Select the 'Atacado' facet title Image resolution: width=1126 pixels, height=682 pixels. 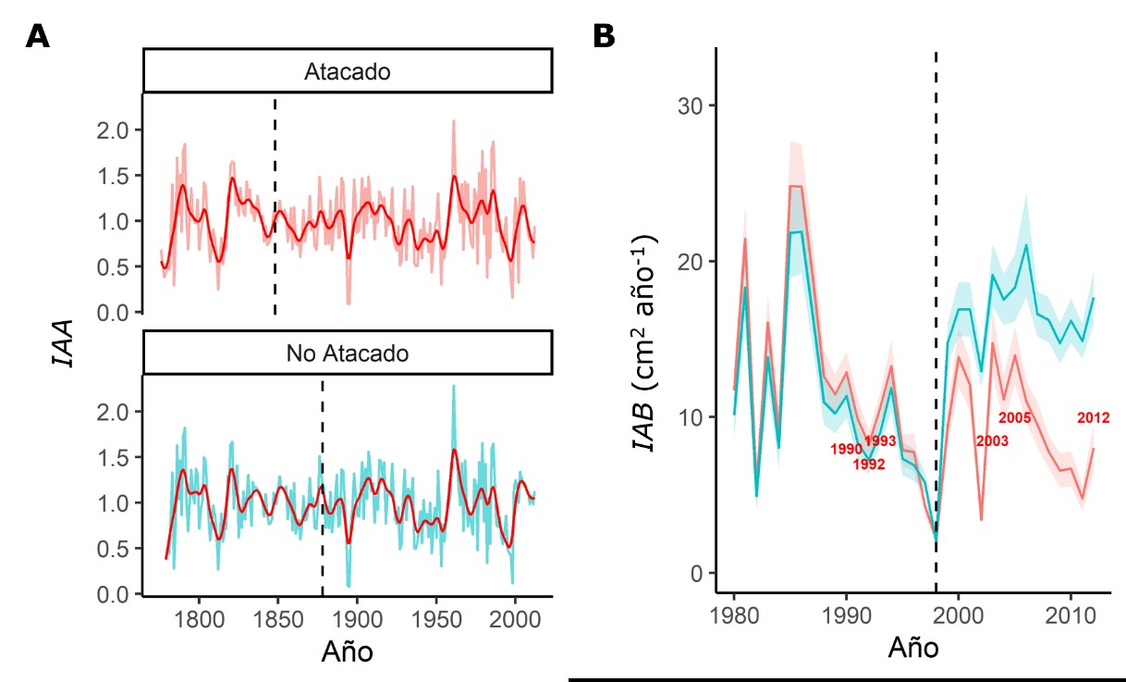point(348,71)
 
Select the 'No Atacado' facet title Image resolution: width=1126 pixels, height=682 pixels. point(348,353)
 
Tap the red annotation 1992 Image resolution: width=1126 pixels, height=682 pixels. point(869,465)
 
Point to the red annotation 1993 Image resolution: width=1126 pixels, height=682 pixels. point(880,440)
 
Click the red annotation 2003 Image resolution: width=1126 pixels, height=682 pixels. point(992,441)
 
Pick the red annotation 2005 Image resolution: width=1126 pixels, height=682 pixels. point(1015,418)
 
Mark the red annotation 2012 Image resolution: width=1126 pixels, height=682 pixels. point(1094,418)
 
